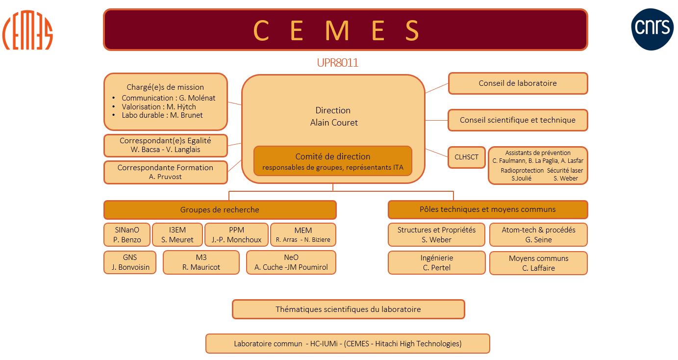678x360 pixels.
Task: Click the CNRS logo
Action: [652, 29]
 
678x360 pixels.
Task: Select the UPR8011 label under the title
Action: [337, 63]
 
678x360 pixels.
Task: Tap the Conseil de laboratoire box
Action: [518, 83]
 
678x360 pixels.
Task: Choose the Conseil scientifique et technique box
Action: [518, 120]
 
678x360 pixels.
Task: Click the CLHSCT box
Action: [466, 157]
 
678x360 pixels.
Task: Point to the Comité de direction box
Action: [332, 161]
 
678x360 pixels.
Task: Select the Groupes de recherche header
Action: [220, 210]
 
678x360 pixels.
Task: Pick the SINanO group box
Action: [127, 234]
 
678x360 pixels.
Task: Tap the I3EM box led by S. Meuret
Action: [177, 234]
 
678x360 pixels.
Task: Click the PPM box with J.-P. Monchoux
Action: [236, 234]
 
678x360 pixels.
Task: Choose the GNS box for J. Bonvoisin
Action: [130, 262]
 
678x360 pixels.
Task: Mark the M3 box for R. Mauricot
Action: [201, 262]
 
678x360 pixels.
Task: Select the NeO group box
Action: [291, 262]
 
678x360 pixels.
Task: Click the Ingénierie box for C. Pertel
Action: [436, 262]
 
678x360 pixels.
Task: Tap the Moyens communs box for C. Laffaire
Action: [538, 263]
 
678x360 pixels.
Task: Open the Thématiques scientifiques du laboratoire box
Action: [348, 309]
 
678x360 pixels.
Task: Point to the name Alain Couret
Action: [334, 123]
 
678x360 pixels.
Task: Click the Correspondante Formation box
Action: [165, 172]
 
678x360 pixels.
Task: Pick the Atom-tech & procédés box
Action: [538, 234]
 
